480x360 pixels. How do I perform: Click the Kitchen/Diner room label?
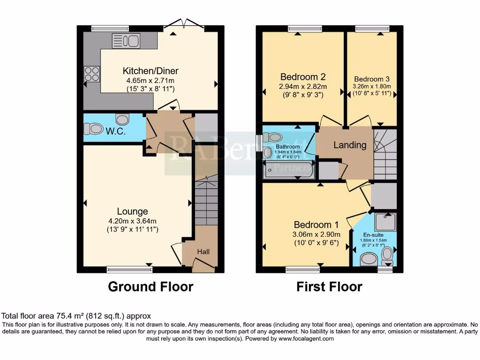pyautogui.click(x=150, y=71)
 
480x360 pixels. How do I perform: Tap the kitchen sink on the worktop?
pyautogui.click(x=126, y=41)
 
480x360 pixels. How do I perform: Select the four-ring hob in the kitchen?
pyautogui.click(x=92, y=74)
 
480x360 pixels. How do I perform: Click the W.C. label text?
pyautogui.click(x=115, y=131)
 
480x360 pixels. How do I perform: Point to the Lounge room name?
pyautogui.click(x=133, y=212)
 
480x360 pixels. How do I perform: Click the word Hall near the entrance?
pyautogui.click(x=203, y=252)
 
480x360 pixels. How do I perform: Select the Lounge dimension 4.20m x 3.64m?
pyautogui.click(x=133, y=221)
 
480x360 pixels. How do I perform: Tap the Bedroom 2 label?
pyautogui.click(x=303, y=77)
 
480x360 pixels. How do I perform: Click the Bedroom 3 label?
pyautogui.click(x=372, y=79)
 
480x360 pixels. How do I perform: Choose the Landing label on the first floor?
pyautogui.click(x=350, y=145)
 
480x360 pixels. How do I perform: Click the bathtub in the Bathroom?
pyautogui.click(x=289, y=171)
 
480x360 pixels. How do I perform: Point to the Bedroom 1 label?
pyautogui.click(x=316, y=225)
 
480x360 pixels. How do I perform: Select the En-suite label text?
pyautogui.click(x=373, y=234)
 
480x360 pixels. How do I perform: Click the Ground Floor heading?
pyautogui.click(x=150, y=286)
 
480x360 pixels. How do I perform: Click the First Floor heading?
pyautogui.click(x=330, y=286)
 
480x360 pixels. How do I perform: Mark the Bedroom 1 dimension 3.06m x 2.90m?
pyautogui.click(x=316, y=234)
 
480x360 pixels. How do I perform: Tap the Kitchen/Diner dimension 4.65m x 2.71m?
pyautogui.click(x=150, y=80)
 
